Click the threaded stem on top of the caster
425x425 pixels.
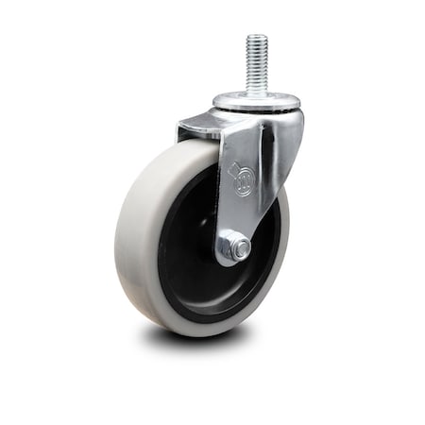256,66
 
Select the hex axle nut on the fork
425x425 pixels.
235,248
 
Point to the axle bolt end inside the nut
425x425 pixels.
241,249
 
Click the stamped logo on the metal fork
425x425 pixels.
243,180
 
